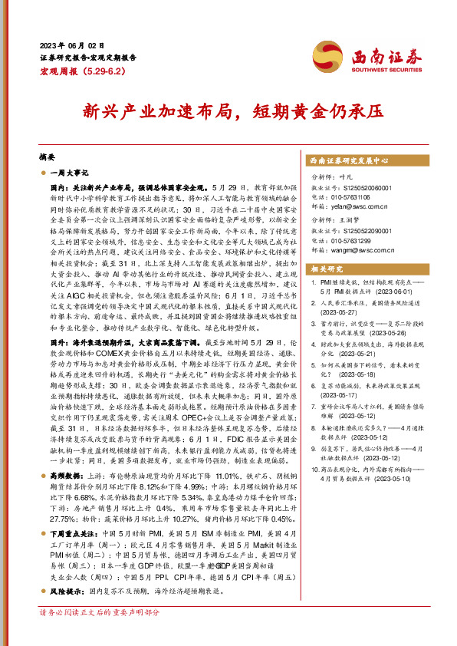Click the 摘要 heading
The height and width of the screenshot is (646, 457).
click(48, 154)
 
